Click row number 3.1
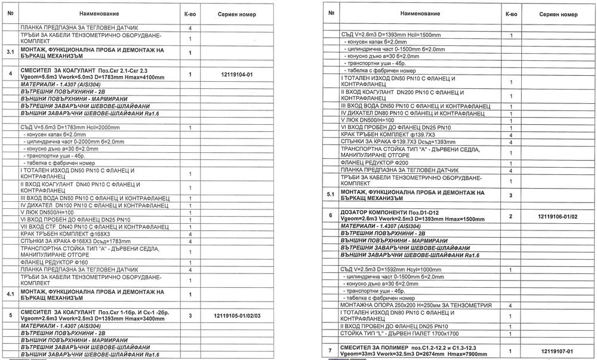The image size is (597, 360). pyautogui.click(x=10, y=53)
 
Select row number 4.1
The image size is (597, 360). pyautogui.click(x=10, y=294)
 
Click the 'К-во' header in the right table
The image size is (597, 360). pyautogui.click(x=511, y=13)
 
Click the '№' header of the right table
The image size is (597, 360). pyautogui.click(x=330, y=13)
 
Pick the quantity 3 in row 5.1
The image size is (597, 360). pyautogui.click(x=511, y=195)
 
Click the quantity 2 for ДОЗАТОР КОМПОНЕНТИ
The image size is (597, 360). pyautogui.click(x=511, y=214)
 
